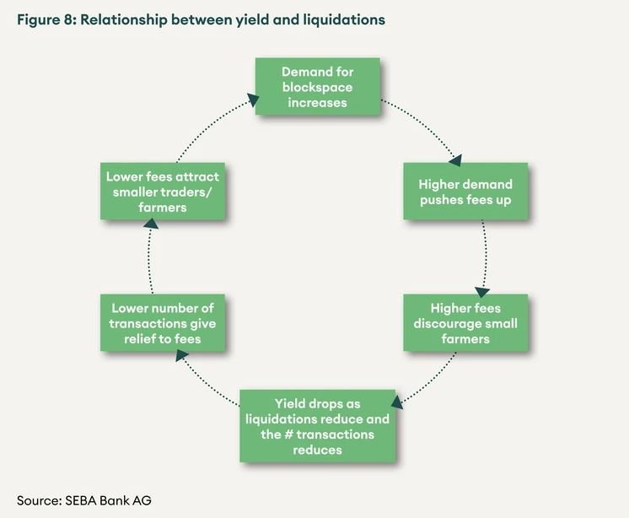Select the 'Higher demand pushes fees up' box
click(x=465, y=192)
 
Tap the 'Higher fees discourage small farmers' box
click(x=465, y=323)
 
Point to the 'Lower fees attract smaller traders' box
click(x=163, y=191)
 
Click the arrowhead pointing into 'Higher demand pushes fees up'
click(x=457, y=157)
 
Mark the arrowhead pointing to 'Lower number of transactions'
click(x=180, y=356)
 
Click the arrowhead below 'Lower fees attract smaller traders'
click(x=150, y=223)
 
